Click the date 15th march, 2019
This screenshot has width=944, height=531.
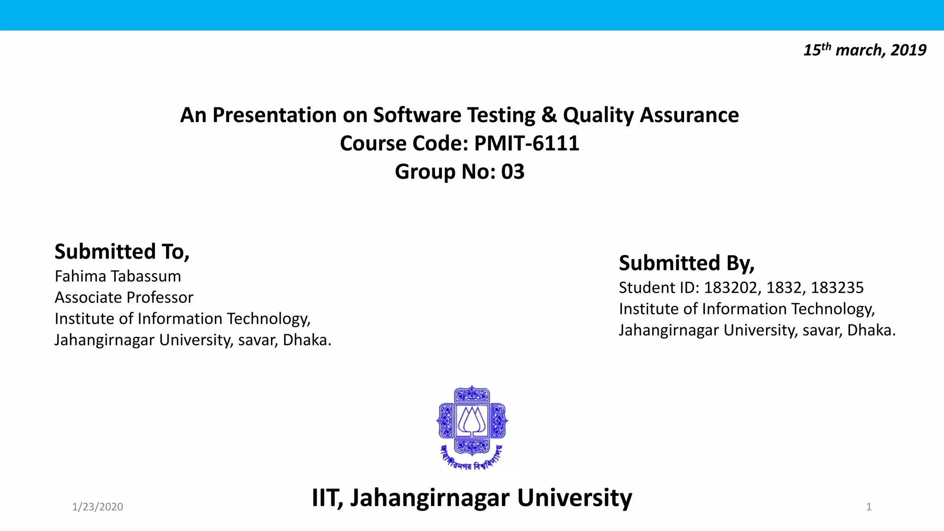point(865,50)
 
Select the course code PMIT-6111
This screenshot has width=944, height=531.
point(526,143)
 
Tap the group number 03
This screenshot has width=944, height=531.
point(513,172)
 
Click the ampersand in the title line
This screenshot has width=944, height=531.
point(549,115)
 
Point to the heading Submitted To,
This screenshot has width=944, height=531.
point(122,252)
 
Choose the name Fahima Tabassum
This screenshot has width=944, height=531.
point(118,276)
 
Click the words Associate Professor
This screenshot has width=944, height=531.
point(124,297)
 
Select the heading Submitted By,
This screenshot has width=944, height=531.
point(686,263)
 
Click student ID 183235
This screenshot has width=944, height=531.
point(837,288)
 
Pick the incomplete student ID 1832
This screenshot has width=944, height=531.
point(784,288)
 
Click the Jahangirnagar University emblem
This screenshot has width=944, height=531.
point(472,427)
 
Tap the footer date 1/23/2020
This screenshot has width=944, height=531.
point(98,507)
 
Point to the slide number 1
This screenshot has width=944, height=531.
point(869,507)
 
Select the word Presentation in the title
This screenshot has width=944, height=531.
point(275,115)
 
